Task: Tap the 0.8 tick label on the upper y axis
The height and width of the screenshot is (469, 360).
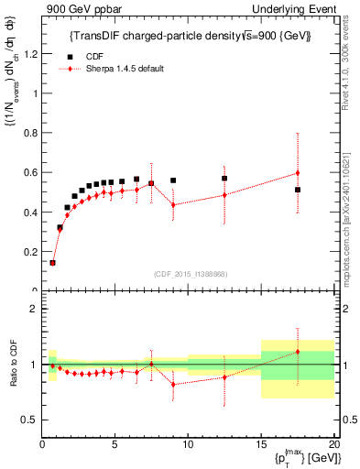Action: click(33, 133)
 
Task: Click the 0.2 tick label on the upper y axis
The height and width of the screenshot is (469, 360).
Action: click(33, 252)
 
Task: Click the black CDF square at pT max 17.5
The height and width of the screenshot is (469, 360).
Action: click(298, 190)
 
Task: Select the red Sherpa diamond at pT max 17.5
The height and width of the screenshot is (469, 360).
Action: click(298, 172)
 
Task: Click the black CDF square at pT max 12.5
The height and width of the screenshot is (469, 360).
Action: click(224, 179)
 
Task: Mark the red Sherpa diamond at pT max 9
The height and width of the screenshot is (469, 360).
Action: click(173, 204)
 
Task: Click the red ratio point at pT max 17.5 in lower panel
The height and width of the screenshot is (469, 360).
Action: click(298, 352)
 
